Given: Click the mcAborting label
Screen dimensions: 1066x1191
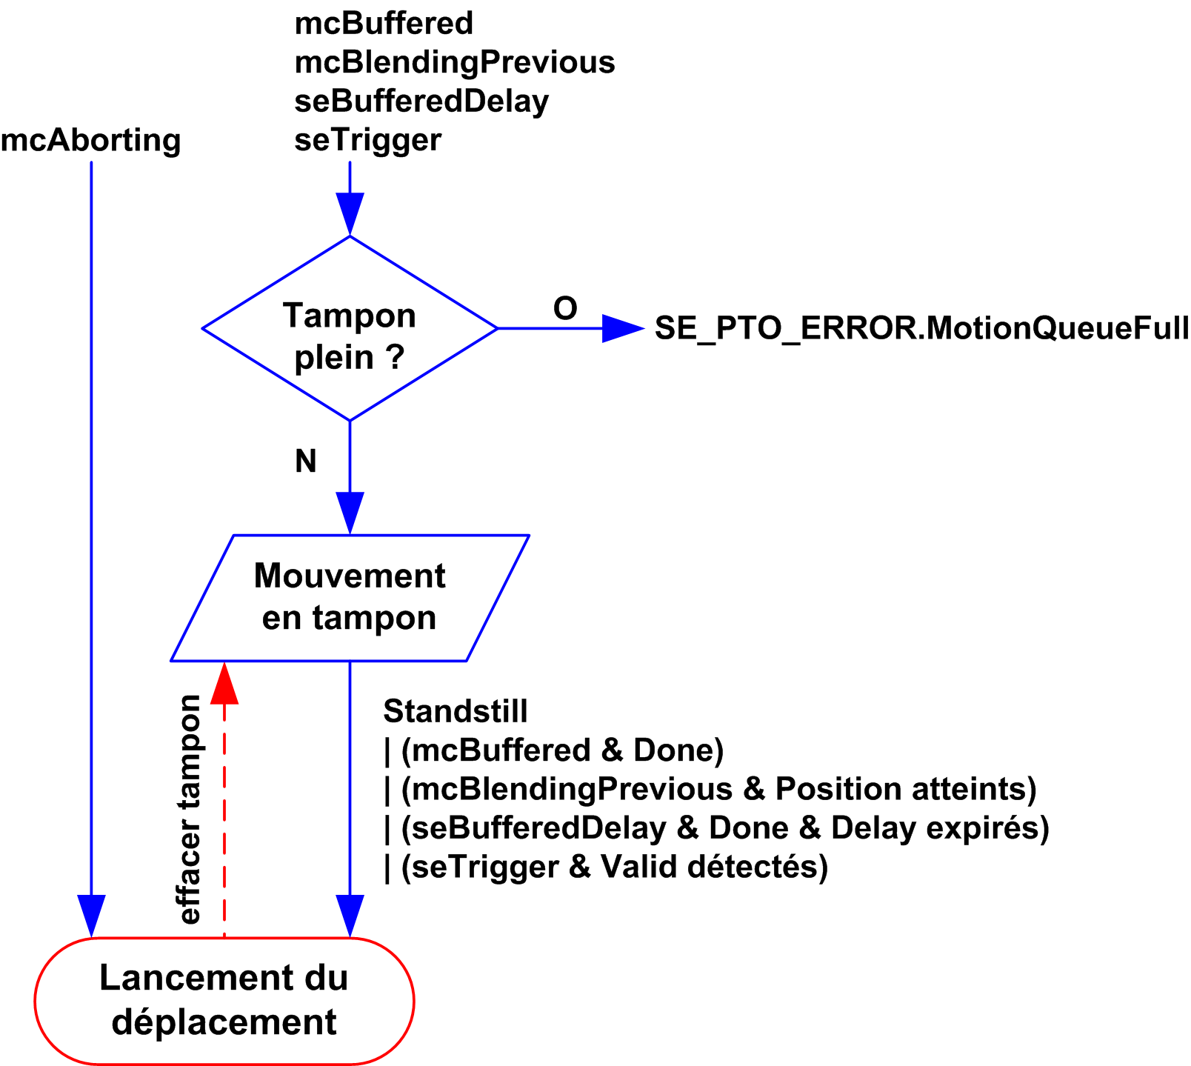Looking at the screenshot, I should pos(91,140).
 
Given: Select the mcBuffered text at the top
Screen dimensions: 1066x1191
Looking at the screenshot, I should pos(384,24).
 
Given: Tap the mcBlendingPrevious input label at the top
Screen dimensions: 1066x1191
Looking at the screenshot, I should pos(455,62).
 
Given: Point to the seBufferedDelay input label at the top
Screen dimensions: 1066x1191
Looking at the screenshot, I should pos(421,101).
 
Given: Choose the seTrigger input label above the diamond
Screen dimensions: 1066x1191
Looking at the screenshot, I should pos(368,140).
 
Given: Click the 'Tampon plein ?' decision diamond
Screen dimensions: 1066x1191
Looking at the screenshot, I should pos(350,329).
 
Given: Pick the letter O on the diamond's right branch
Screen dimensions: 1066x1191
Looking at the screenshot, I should pos(565,308).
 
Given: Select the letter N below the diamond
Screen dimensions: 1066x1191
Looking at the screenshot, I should pos(306,462).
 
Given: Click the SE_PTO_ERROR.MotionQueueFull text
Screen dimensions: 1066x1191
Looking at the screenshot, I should pos(921,328).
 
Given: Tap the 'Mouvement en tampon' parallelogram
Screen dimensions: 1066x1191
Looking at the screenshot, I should pos(350,597).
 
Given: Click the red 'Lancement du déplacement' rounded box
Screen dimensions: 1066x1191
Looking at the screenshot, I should pos(224,1001).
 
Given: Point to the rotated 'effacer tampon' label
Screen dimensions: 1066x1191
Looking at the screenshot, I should pos(190,810).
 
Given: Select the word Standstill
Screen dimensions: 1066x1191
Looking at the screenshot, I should pos(456,712).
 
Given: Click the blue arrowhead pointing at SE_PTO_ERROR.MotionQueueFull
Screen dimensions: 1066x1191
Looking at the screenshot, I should pos(622,328).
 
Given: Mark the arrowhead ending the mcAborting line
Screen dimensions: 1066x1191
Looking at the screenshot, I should pos(91,916).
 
